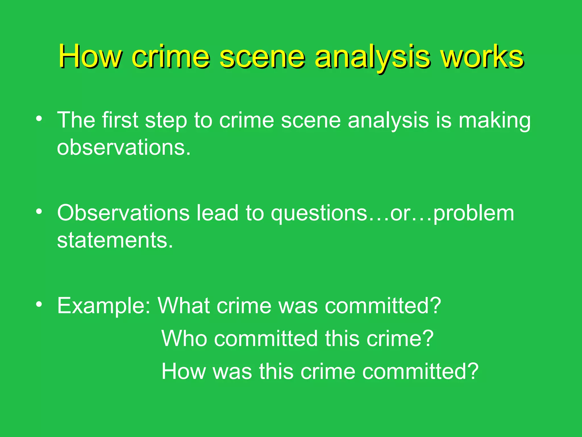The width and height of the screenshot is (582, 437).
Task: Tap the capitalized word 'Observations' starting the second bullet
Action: coord(123,213)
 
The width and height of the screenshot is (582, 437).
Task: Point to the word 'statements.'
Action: coord(115,240)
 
